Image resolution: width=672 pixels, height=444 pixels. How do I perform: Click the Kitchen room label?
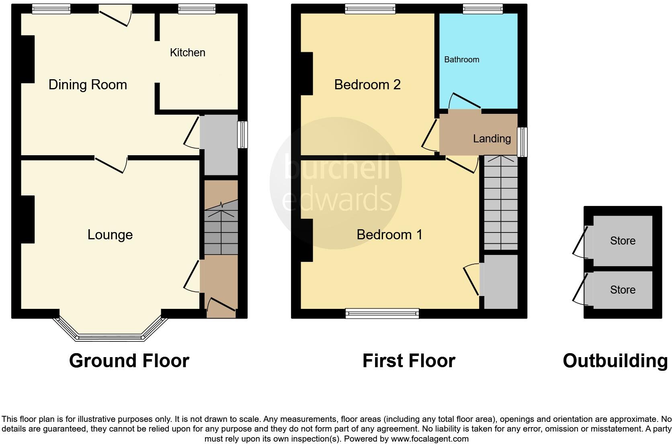(187, 53)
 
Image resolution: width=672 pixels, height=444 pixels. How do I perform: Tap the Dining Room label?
(88, 85)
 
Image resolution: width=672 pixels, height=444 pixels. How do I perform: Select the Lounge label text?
(110, 235)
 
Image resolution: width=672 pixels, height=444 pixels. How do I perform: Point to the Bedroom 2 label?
(367, 85)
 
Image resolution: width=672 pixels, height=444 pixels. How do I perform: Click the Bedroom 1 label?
(389, 235)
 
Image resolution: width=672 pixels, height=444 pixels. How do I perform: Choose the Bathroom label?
(461, 60)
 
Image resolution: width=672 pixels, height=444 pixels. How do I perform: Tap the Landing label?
(492, 139)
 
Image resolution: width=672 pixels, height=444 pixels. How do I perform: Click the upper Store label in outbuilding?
(623, 241)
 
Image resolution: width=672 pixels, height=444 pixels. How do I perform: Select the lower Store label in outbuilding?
(623, 290)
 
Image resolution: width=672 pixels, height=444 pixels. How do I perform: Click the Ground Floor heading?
(129, 361)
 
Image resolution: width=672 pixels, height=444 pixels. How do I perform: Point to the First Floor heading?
(409, 361)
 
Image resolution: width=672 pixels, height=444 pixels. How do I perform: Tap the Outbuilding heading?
(615, 361)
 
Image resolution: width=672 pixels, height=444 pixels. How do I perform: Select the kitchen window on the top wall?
(197, 9)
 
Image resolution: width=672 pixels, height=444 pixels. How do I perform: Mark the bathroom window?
(482, 9)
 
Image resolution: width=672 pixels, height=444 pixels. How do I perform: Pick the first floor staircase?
(500, 203)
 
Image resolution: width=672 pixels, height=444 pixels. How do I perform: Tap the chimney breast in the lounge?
(27, 219)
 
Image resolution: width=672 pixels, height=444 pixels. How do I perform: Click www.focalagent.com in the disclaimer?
(430, 439)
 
